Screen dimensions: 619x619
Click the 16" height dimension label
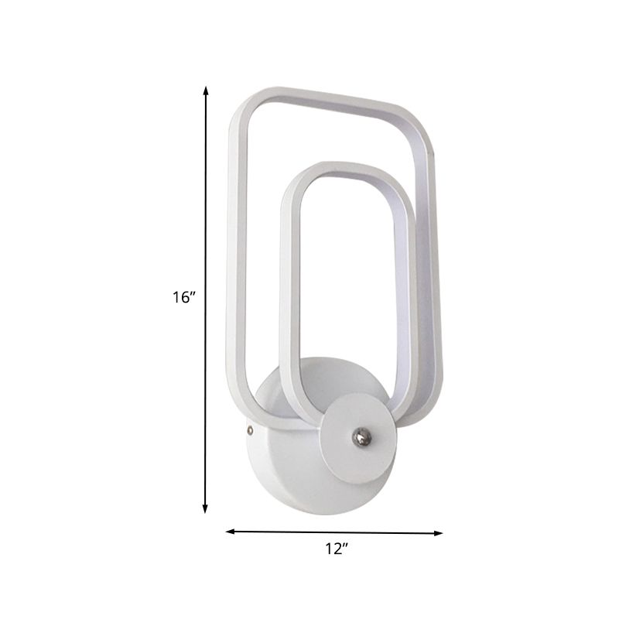(x=185, y=297)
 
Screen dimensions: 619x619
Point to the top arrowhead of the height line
(x=206, y=91)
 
